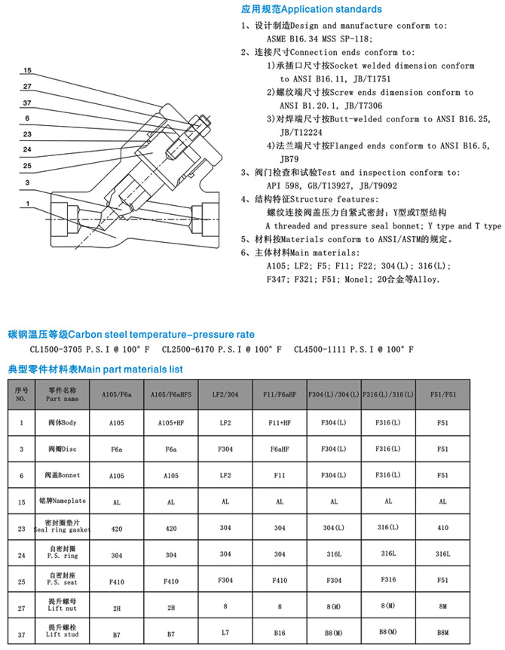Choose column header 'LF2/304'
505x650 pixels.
point(225,395)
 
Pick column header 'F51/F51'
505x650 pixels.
point(442,395)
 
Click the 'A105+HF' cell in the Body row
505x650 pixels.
point(171,422)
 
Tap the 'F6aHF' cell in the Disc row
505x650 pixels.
point(280,449)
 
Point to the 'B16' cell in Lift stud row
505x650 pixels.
point(280,635)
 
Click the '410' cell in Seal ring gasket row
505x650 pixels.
point(442,529)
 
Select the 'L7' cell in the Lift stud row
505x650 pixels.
point(225,635)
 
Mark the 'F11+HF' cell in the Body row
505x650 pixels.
point(280,422)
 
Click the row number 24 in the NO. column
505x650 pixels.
point(21,554)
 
